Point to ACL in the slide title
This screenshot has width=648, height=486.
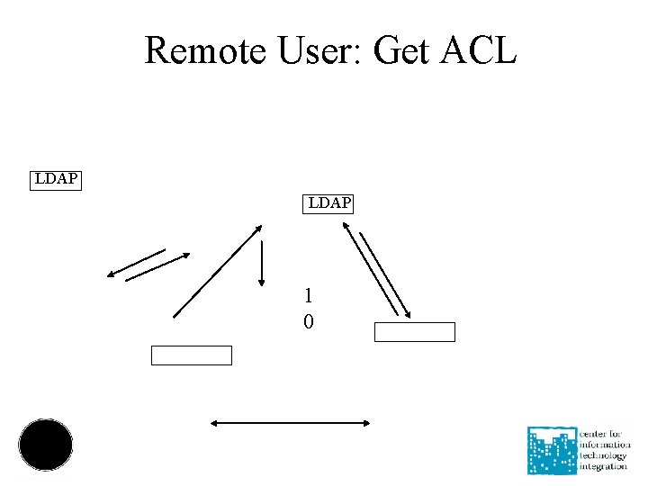pos(480,50)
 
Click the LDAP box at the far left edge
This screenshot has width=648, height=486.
pos(55,179)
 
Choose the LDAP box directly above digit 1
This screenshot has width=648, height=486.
pos(329,203)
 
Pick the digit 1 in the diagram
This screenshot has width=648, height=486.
pos(309,295)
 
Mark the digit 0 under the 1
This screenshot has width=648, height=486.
pos(309,321)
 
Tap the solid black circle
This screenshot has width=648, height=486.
pos(46,445)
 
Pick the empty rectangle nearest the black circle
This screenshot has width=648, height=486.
pos(191,355)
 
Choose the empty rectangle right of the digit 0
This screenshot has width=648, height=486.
pos(414,332)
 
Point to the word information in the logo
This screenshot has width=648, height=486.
pos(605,445)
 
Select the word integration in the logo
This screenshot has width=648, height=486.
pos(603,467)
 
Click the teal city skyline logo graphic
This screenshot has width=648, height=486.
pos(553,450)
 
